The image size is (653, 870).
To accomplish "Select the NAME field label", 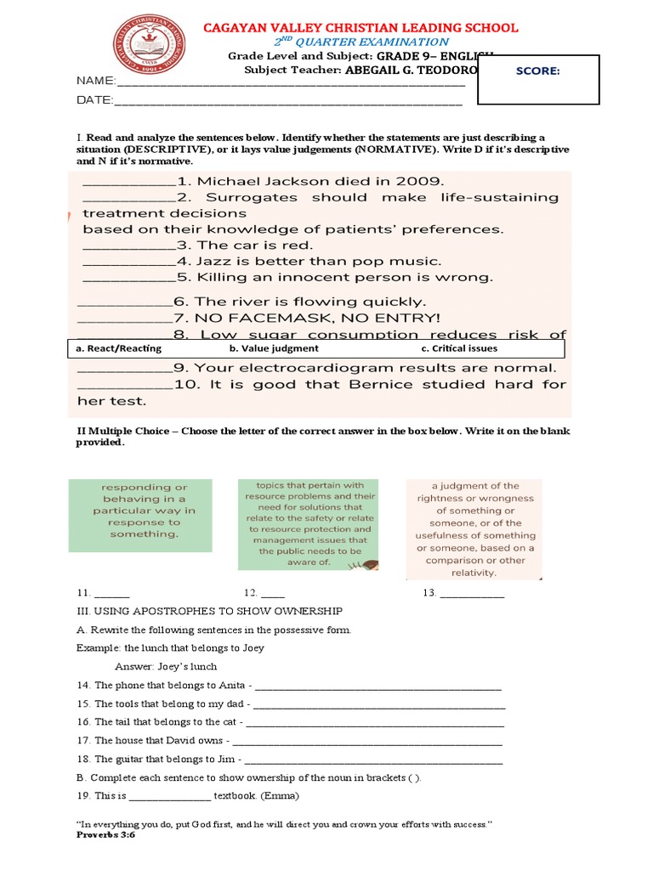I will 94,82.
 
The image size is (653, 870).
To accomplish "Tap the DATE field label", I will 94,100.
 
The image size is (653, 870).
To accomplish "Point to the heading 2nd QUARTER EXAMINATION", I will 361,42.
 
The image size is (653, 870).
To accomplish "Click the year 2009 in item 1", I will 417,180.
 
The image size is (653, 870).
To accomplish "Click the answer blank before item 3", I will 128,246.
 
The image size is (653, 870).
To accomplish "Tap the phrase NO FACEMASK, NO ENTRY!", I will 319,318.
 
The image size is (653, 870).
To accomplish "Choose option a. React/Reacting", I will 119,348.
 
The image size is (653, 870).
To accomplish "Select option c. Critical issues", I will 459,348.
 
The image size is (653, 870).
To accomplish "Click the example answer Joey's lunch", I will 185,667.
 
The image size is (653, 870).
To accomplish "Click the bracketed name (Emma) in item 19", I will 281,796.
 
